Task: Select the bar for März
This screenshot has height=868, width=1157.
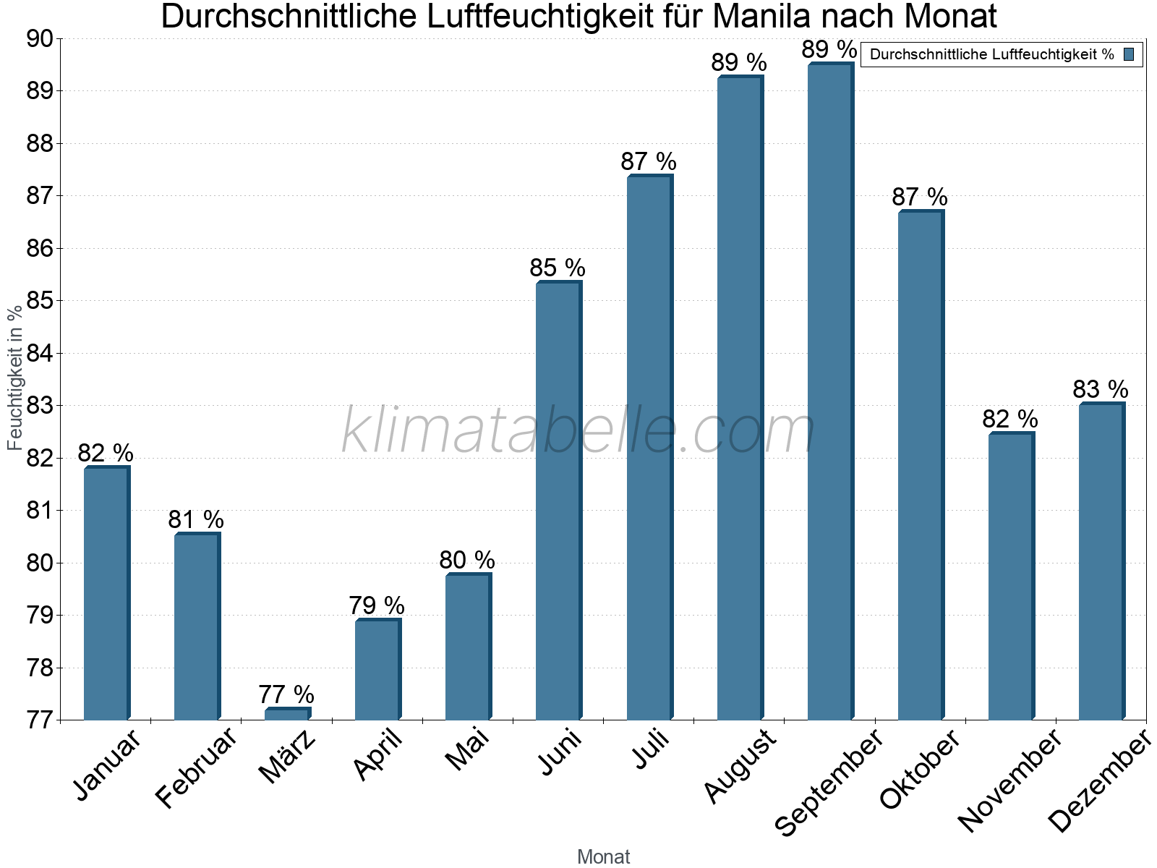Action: pyautogui.click(x=287, y=715)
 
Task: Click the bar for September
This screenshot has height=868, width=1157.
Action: pyautogui.click(x=830, y=391)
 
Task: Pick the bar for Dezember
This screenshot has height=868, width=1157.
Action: pyautogui.click(x=1101, y=561)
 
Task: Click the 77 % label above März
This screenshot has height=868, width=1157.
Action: pyautogui.click(x=286, y=694)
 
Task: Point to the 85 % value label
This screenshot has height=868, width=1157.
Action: pyautogui.click(x=558, y=268)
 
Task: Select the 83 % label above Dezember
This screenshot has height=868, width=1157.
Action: pyautogui.click(x=1100, y=390)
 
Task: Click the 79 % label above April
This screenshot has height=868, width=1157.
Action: pyautogui.click(x=377, y=605)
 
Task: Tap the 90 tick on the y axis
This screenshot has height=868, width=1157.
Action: pyautogui.click(x=40, y=39)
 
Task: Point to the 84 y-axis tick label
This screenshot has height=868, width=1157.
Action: pyautogui.click(x=40, y=354)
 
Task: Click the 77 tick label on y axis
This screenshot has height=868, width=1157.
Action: pyautogui.click(x=40, y=720)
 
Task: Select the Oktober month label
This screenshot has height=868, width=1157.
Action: pyautogui.click(x=919, y=770)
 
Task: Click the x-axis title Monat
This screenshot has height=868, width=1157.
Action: pyautogui.click(x=603, y=857)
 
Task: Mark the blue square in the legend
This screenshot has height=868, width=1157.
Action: pyautogui.click(x=1129, y=54)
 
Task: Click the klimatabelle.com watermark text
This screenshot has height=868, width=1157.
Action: pyautogui.click(x=578, y=431)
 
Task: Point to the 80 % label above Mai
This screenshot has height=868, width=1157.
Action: pyautogui.click(x=467, y=560)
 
